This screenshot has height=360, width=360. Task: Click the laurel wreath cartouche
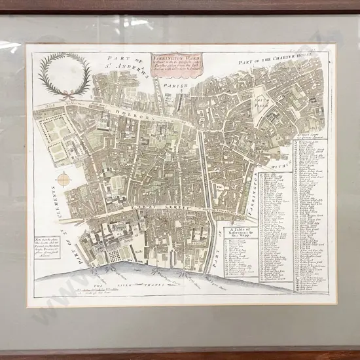64,74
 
